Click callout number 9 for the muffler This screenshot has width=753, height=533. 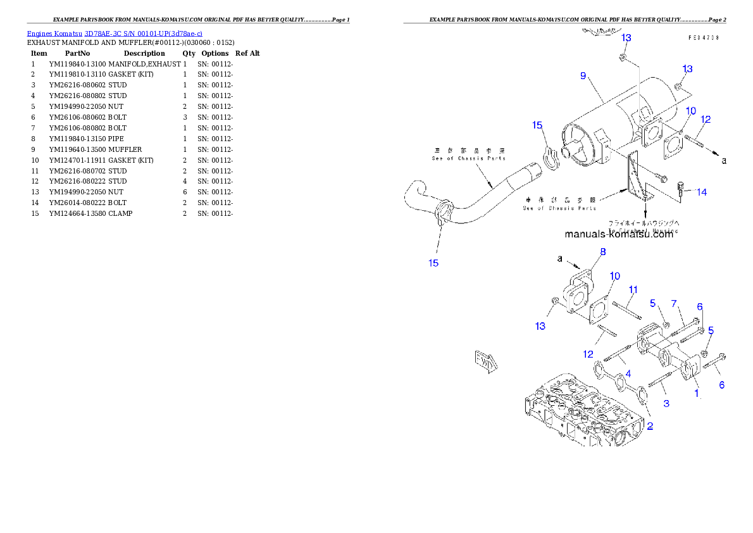click(x=583, y=76)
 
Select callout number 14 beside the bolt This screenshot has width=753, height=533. click(x=702, y=192)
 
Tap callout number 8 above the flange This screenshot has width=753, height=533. click(x=602, y=252)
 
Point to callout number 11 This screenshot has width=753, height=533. click(x=633, y=290)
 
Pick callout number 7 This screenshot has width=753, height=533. click(x=674, y=303)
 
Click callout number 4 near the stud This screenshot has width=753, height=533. click(x=628, y=373)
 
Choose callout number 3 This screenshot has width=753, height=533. click(x=666, y=403)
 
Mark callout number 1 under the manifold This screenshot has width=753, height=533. click(x=697, y=392)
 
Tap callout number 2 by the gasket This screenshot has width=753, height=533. click(x=650, y=426)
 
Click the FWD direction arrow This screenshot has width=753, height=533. click(x=486, y=360)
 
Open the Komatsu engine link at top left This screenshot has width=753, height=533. click(x=115, y=33)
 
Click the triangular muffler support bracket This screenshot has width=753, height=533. click(x=635, y=180)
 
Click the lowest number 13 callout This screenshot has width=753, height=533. click(x=540, y=326)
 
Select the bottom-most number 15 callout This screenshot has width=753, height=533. click(x=433, y=263)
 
